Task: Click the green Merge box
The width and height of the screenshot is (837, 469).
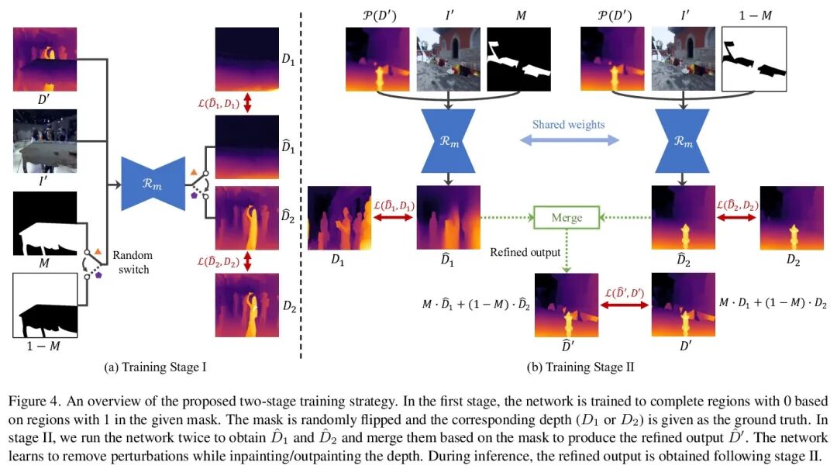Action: (567, 218)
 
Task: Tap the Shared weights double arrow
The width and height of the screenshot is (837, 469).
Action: (570, 140)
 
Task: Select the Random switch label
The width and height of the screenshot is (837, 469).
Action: (133, 261)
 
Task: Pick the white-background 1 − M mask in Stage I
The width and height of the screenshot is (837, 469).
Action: (45, 305)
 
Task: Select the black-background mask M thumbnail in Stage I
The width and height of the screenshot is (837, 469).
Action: (45, 223)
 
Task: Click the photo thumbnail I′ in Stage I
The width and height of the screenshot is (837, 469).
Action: (45, 141)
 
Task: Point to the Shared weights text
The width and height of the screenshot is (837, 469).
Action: (570, 124)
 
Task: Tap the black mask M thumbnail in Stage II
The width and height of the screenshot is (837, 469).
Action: (518, 60)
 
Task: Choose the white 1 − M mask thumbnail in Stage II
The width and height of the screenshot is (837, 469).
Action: (753, 60)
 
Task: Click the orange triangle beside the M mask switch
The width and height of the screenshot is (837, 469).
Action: (98, 251)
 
